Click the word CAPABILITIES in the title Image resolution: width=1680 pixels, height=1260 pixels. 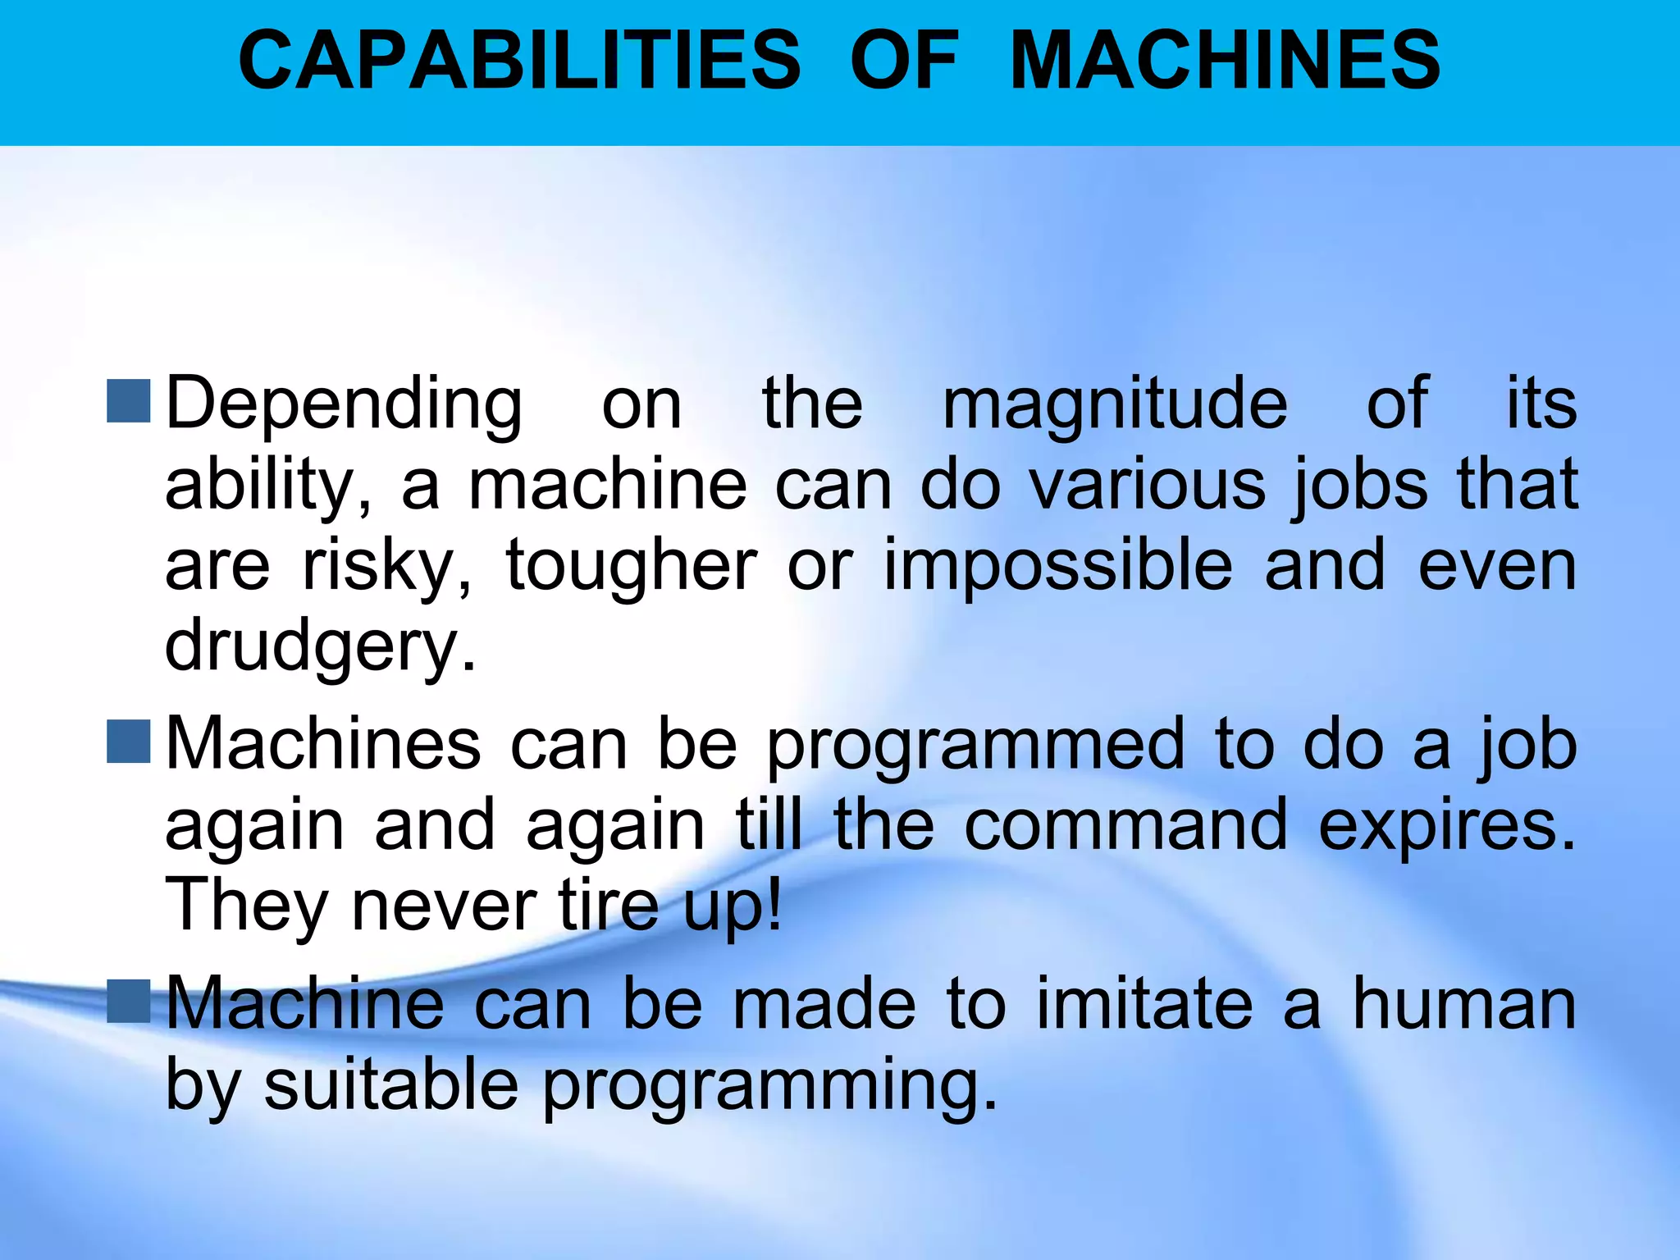click(518, 60)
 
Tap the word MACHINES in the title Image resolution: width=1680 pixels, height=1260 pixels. click(1225, 60)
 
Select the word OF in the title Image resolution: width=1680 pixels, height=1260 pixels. click(903, 60)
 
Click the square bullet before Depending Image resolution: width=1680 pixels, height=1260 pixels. click(129, 401)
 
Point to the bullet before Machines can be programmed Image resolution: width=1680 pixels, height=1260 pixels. click(129, 742)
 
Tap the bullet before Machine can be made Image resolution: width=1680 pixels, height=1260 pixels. click(129, 1001)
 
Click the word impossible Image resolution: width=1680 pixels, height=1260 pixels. click(1057, 566)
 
